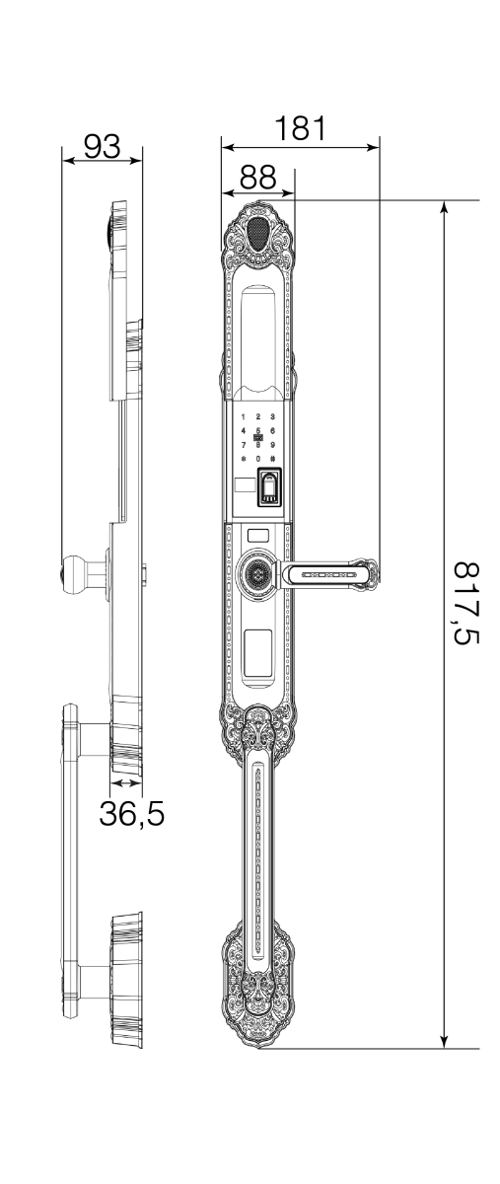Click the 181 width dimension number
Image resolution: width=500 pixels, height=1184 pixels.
tap(300, 128)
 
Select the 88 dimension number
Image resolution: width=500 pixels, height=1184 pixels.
tap(257, 177)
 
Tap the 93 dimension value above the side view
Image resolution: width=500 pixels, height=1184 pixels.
tap(102, 146)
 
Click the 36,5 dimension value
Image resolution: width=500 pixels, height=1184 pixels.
tap(131, 814)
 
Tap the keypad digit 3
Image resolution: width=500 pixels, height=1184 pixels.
tap(271, 418)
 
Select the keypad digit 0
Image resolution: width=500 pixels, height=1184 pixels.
tap(257, 459)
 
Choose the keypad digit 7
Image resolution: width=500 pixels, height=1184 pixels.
tap(244, 445)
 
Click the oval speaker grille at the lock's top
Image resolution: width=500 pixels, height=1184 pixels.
tap(257, 234)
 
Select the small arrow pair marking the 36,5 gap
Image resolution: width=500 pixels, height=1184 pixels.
tap(126, 782)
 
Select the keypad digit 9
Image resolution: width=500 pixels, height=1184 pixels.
tap(271, 445)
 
